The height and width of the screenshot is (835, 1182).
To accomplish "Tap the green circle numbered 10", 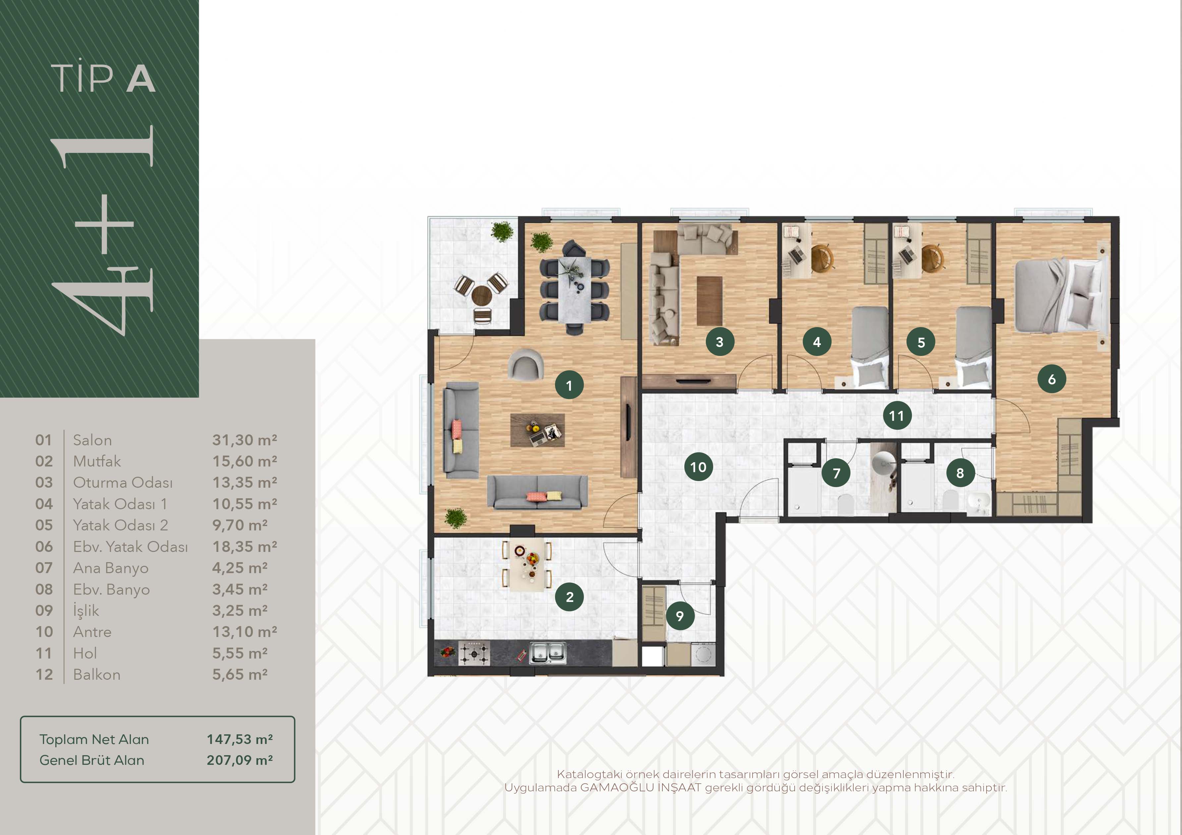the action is click(698, 467).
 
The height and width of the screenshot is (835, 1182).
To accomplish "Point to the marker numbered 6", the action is click(1052, 379).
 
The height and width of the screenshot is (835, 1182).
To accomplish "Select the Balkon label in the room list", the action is click(97, 674).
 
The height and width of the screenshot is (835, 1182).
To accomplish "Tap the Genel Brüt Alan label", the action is click(92, 761).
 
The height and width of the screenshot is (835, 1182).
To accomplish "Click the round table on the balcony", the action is click(482, 295).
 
